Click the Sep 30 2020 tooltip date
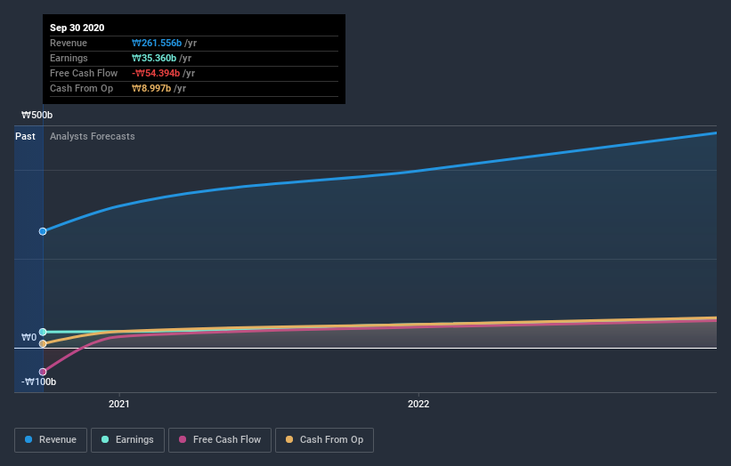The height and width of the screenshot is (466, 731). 77,28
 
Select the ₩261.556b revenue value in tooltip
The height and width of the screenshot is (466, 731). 156,43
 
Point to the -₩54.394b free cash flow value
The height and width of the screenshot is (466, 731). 156,73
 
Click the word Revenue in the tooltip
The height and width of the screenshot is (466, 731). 69,43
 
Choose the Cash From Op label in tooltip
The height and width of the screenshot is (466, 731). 79,88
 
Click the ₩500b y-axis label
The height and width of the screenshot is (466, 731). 37,116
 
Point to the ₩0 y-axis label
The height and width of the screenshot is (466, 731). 29,338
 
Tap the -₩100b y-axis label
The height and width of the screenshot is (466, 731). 39,382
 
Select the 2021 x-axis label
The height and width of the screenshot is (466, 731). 119,404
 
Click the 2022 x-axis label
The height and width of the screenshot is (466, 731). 418,404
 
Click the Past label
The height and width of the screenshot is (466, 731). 25,136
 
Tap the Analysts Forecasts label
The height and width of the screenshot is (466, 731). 93,136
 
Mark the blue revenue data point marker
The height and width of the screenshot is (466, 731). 43,231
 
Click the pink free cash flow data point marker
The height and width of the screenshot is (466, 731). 43,372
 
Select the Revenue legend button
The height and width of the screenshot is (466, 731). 51,439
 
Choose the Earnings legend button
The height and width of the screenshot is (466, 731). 127,439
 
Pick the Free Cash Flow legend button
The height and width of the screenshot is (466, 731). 219,439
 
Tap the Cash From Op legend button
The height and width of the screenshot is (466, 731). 324,439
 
